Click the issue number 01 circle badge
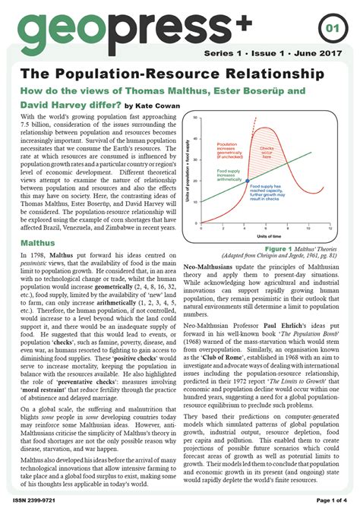tap(333, 30)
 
